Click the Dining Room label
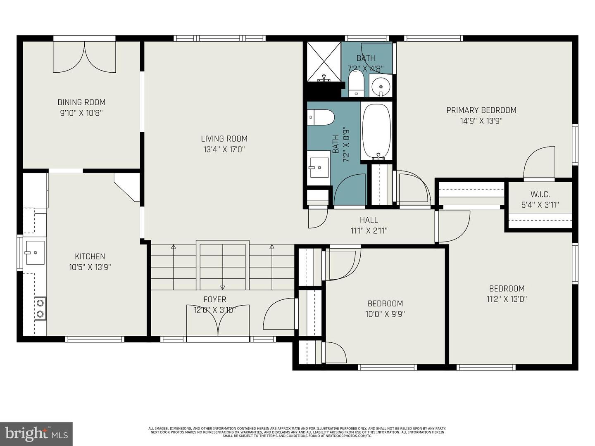(x=81, y=102)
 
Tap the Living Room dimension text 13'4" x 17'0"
(x=224, y=149)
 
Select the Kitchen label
(x=90, y=256)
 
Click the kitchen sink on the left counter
(x=35, y=252)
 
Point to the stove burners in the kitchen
(x=40, y=308)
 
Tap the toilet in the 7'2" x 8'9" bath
(x=321, y=117)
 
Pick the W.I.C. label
(x=540, y=195)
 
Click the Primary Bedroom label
(x=481, y=110)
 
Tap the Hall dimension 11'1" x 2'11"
(x=369, y=231)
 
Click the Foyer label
(x=215, y=299)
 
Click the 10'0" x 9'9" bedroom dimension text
(x=385, y=314)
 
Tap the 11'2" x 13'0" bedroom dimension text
(x=507, y=299)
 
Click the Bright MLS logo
(x=36, y=434)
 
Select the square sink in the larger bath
(x=319, y=168)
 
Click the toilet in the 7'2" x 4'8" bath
(x=356, y=82)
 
